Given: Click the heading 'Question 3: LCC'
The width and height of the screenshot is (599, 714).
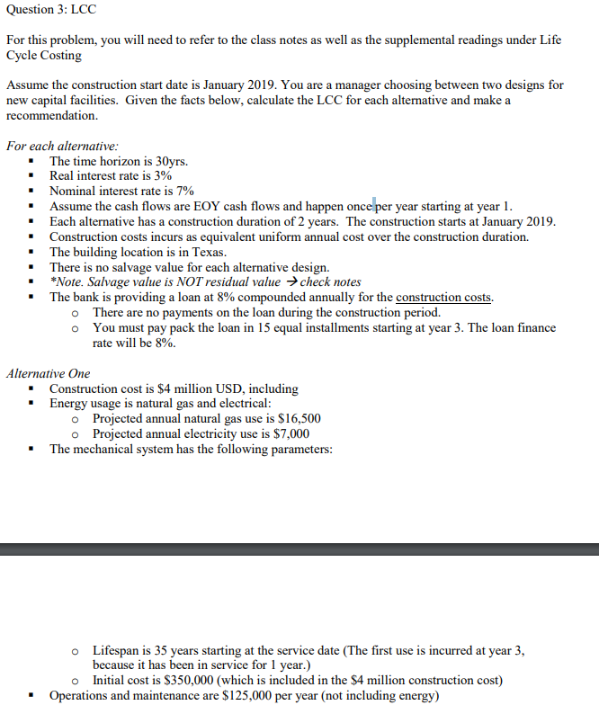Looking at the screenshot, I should point(51,10).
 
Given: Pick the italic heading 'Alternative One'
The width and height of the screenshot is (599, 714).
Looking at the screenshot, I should point(48,373).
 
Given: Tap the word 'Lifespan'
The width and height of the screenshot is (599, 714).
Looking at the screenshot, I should point(118,649).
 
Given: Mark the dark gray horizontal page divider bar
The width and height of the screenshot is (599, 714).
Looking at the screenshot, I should point(299,549).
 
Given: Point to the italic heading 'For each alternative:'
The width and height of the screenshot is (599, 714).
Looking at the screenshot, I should point(62,146).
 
